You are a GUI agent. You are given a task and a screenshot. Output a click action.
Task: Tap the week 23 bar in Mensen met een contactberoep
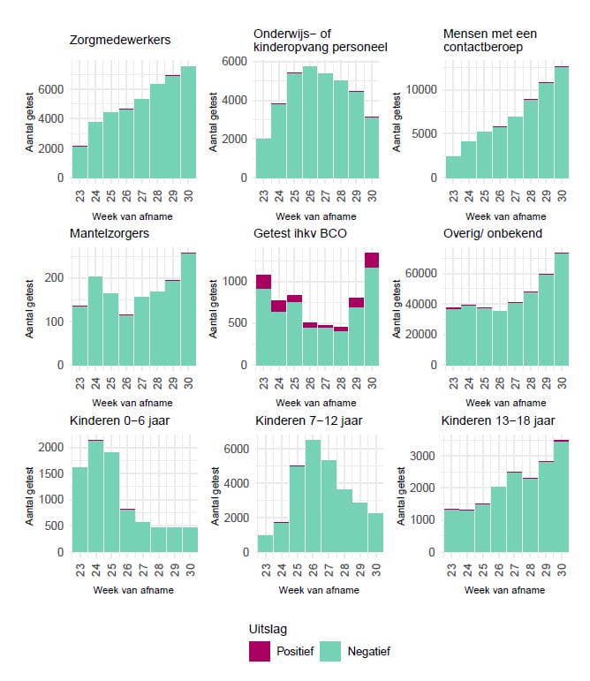453,167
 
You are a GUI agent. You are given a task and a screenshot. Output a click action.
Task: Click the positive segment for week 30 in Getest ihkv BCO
372,260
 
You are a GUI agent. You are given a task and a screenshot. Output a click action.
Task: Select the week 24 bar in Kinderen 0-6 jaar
95,496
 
